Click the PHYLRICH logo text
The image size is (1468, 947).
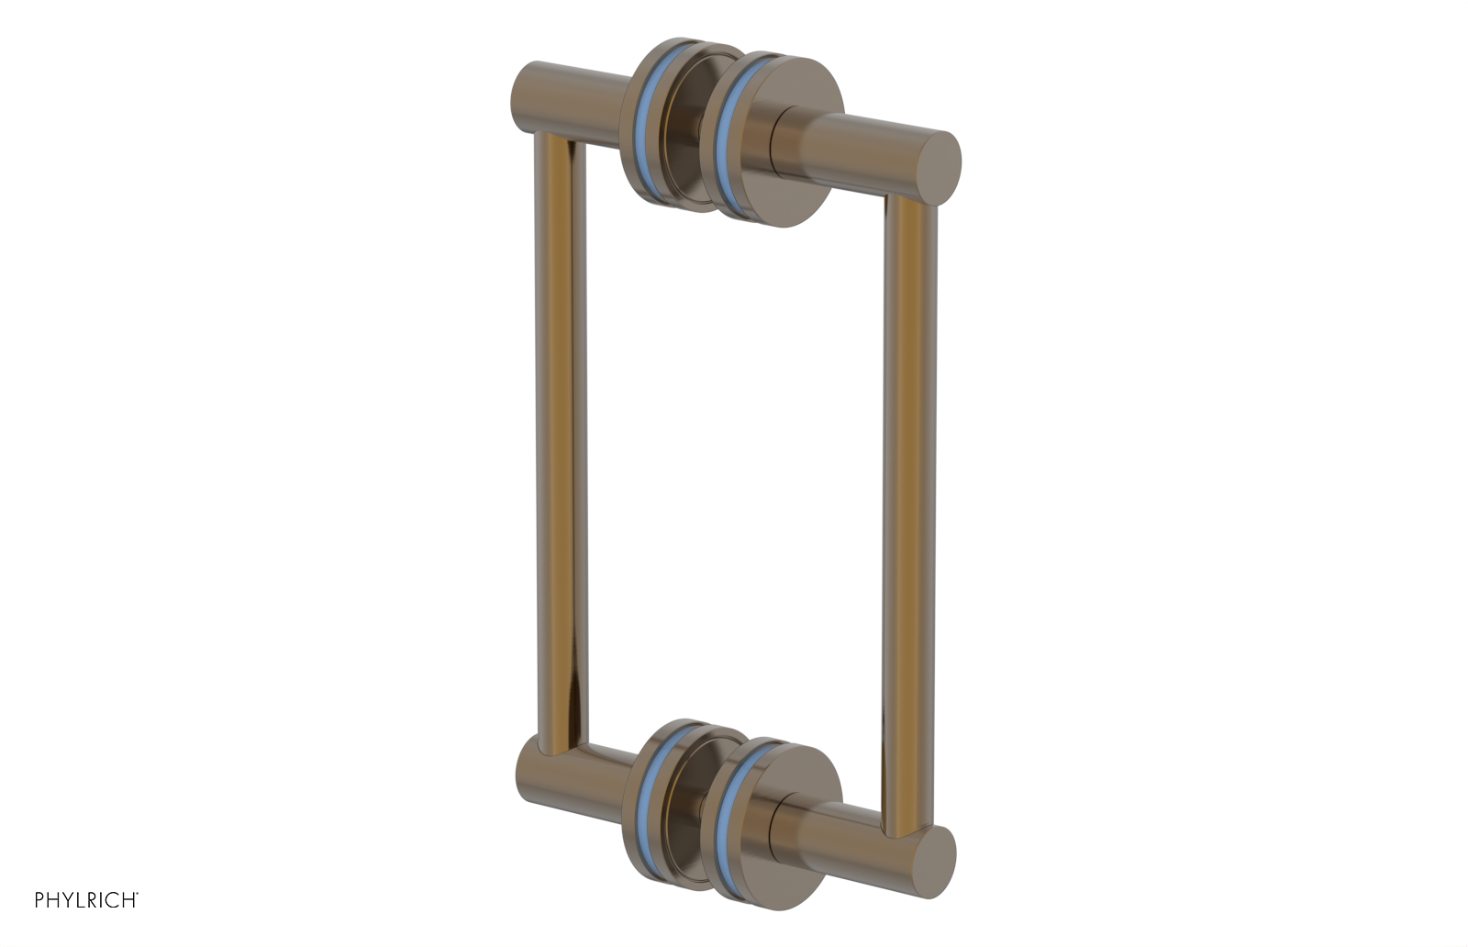tap(86, 899)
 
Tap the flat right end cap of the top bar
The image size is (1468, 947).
tap(941, 166)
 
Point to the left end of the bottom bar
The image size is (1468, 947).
tap(529, 770)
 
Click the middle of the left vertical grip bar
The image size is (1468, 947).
tap(560, 440)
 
